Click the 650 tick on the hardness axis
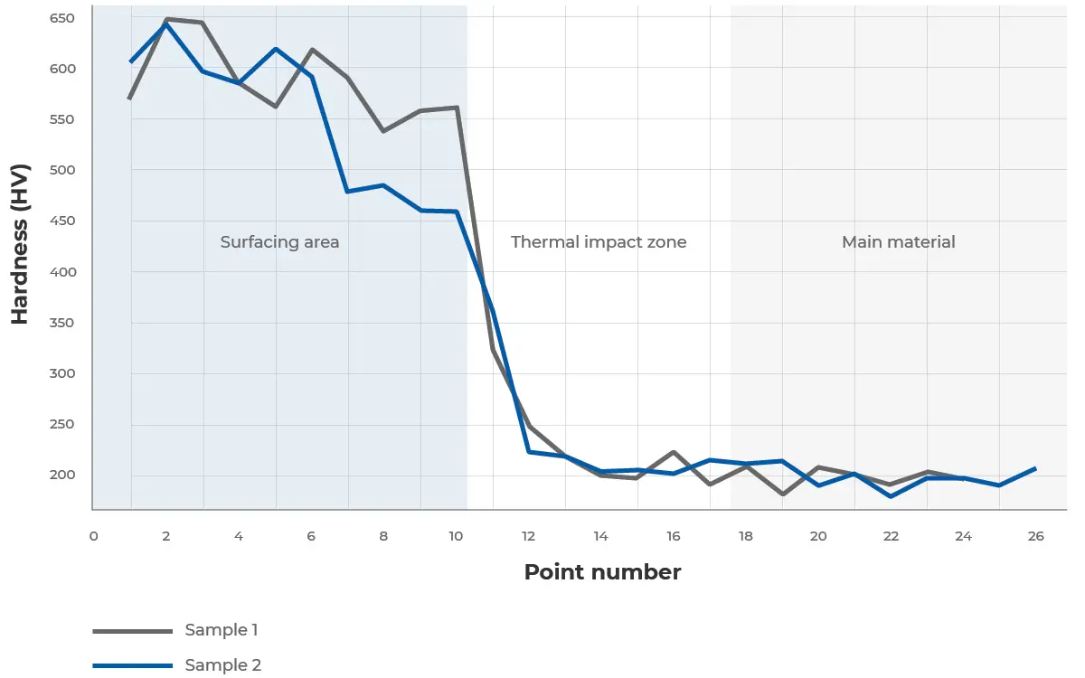click(62, 18)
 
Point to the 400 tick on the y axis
click(62, 272)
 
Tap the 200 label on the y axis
click(62, 476)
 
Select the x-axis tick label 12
click(528, 536)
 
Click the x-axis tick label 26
click(1036, 536)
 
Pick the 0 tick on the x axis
click(93, 536)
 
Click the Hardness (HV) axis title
click(20, 244)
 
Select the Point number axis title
click(602, 572)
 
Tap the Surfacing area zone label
click(279, 242)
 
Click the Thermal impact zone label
click(599, 242)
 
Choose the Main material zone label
click(898, 242)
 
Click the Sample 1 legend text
click(222, 630)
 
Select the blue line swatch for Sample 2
click(132, 665)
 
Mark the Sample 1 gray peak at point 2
click(166, 19)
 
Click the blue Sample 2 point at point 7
click(347, 192)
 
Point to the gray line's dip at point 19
click(782, 494)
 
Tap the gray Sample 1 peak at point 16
click(674, 452)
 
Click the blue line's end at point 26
click(1036, 468)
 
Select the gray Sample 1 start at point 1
click(130, 98)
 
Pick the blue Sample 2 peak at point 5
click(275, 49)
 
